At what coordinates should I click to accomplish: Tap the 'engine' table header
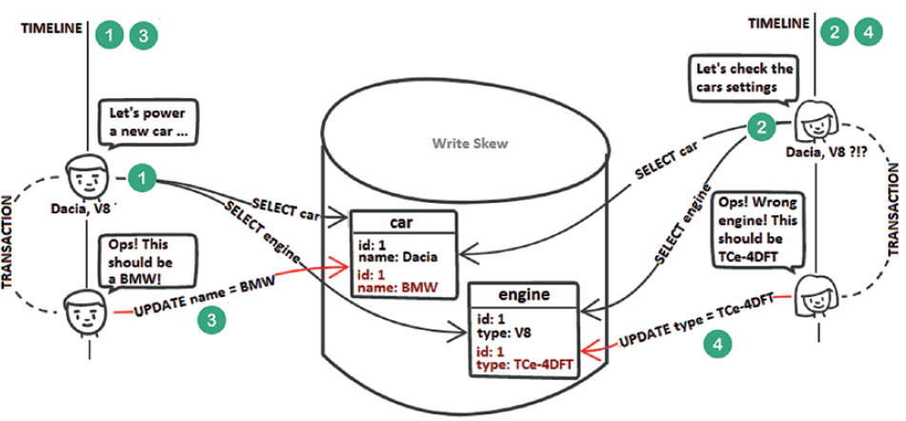(522, 295)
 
